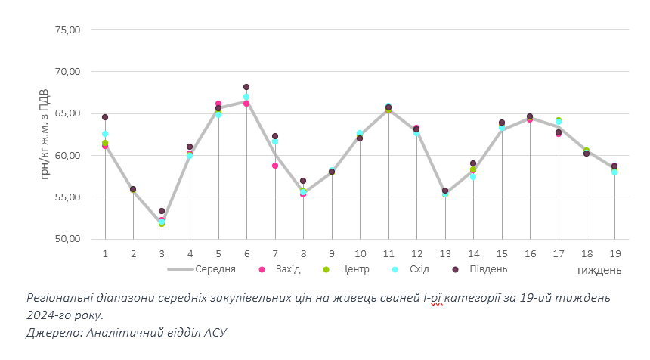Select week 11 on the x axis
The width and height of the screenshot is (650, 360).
388,253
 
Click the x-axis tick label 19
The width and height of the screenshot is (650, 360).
614,253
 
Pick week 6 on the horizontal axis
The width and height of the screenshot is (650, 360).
246,253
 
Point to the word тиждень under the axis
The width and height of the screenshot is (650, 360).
599,270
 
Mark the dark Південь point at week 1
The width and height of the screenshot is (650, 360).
105,117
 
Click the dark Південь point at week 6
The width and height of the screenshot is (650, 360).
246,87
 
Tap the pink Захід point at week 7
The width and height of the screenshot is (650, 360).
275,166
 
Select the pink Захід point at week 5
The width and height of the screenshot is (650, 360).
218,104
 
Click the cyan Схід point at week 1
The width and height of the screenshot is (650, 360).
105,134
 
